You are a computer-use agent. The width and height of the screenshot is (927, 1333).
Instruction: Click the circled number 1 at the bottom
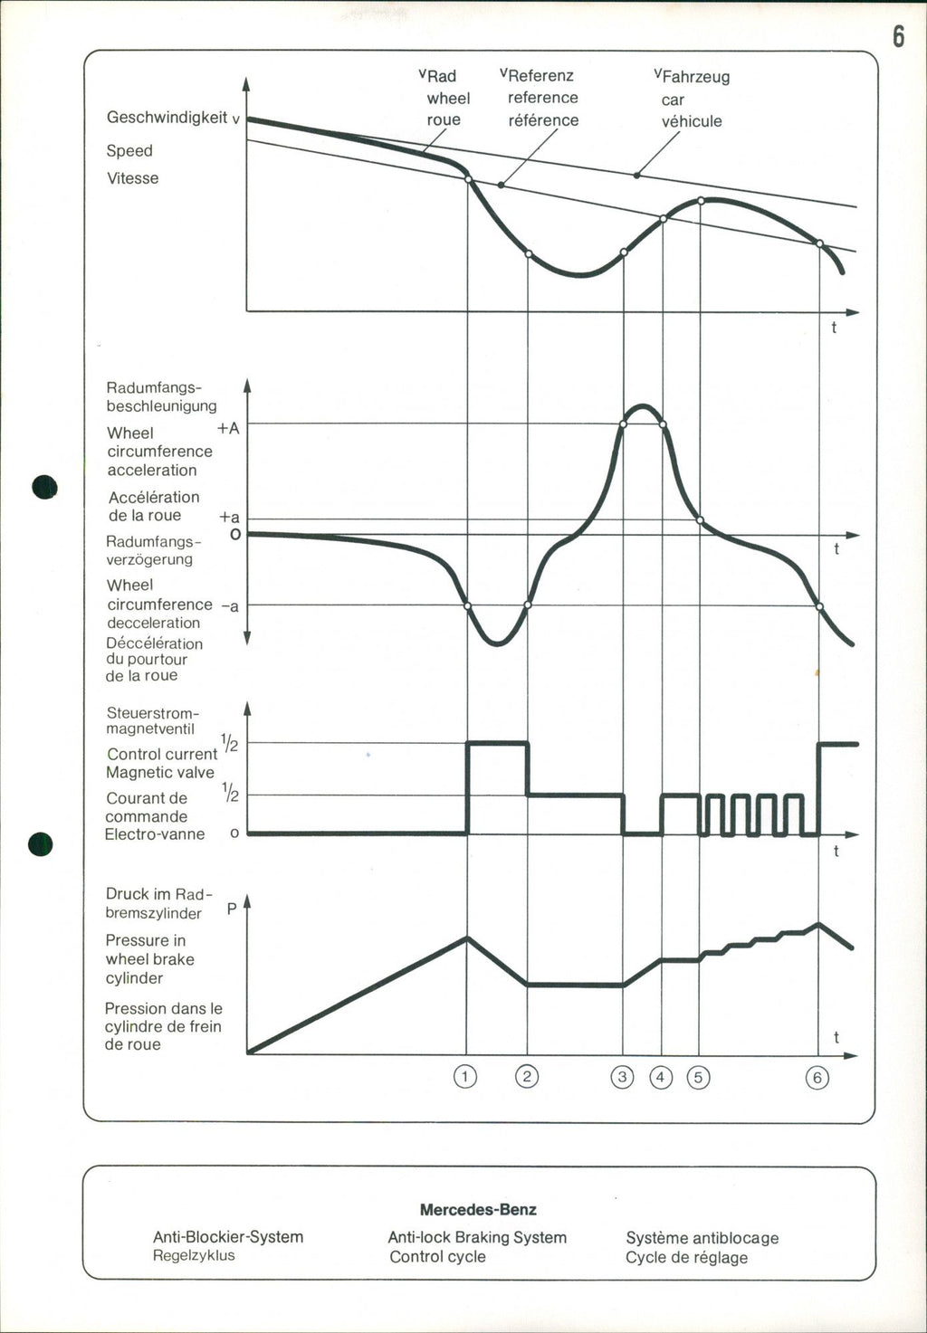pyautogui.click(x=465, y=1077)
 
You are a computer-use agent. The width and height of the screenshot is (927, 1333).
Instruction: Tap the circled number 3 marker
pyautogui.click(x=623, y=1077)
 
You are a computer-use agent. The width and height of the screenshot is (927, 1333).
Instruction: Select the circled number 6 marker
pyautogui.click(x=817, y=1077)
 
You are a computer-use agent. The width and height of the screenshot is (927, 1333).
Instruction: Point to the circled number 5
pyautogui.click(x=699, y=1077)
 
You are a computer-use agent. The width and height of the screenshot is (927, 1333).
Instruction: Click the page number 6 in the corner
pyautogui.click(x=898, y=36)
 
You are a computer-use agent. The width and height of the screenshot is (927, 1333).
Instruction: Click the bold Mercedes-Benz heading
pyautogui.click(x=478, y=1210)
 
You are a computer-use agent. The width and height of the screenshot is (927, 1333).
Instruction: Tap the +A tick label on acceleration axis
pyautogui.click(x=228, y=428)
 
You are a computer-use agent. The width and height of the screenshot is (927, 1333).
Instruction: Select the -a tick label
pyautogui.click(x=230, y=605)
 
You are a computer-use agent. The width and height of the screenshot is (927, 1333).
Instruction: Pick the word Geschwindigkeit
pyautogui.click(x=167, y=117)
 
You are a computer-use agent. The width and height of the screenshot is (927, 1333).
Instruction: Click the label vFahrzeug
pyautogui.click(x=692, y=77)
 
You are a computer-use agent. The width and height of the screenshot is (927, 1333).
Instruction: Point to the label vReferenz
pyautogui.click(x=537, y=75)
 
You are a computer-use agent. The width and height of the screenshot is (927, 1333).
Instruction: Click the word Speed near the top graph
pyautogui.click(x=129, y=150)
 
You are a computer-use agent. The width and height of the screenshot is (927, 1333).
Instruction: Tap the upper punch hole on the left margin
pyautogui.click(x=43, y=487)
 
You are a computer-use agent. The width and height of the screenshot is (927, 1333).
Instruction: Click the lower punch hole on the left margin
pyautogui.click(x=41, y=843)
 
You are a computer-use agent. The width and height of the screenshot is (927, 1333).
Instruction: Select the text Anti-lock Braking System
pyautogui.click(x=477, y=1237)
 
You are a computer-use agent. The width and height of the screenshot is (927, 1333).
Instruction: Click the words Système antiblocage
pyautogui.click(x=702, y=1238)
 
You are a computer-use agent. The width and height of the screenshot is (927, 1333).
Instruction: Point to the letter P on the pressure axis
pyautogui.click(x=232, y=908)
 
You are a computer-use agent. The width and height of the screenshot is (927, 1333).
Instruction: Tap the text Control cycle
pyautogui.click(x=437, y=1257)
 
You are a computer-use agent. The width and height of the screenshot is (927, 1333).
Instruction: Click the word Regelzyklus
pyautogui.click(x=194, y=1256)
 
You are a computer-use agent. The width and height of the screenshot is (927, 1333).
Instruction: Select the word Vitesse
pyautogui.click(x=132, y=178)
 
